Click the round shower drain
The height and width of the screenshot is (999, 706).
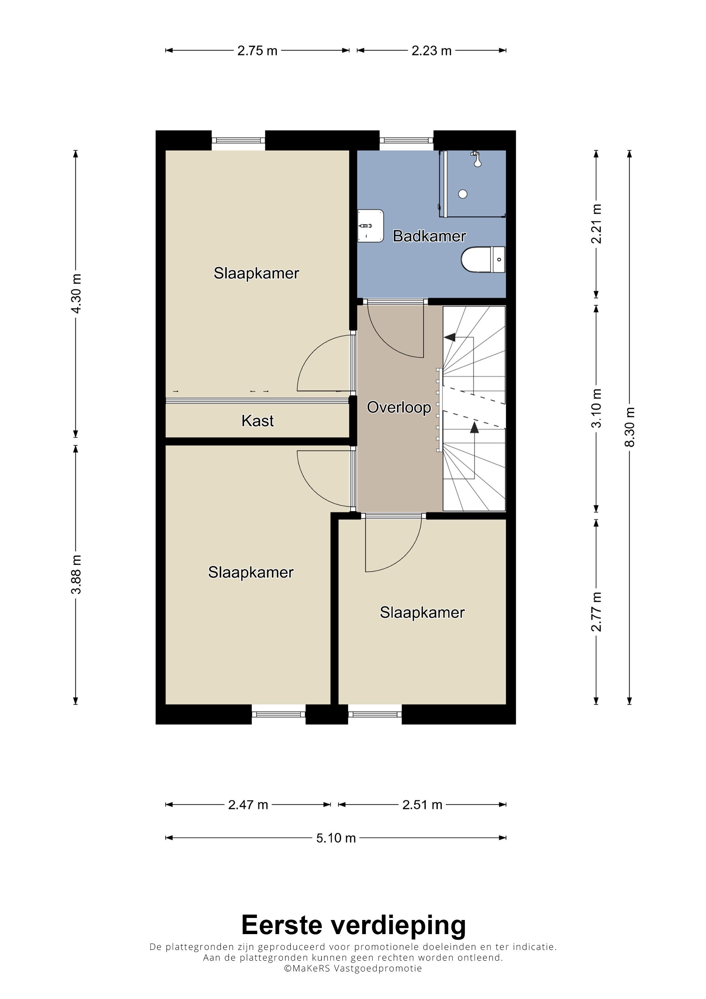tap(463, 194)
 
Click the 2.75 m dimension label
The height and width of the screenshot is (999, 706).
tap(257, 51)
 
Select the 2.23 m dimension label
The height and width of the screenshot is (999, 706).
tap(432, 51)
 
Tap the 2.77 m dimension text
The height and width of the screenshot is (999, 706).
tap(596, 611)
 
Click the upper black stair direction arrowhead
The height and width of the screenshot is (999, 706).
tap(450, 337)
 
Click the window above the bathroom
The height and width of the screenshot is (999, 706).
tap(406, 141)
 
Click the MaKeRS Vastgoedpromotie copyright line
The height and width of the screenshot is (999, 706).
tap(353, 968)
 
